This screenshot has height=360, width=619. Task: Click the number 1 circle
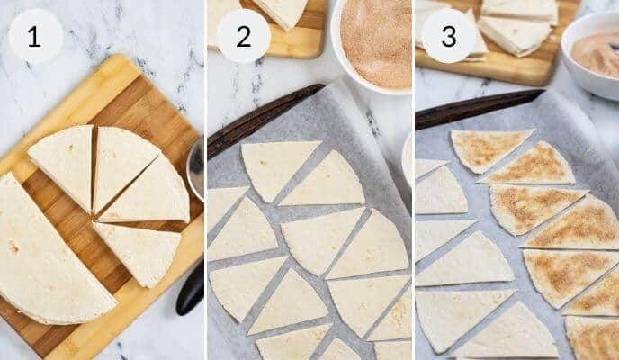click(35, 36)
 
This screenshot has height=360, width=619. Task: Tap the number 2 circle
click(243, 36)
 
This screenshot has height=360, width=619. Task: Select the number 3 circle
click(447, 36)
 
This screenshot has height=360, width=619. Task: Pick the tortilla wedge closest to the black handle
click(139, 252)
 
